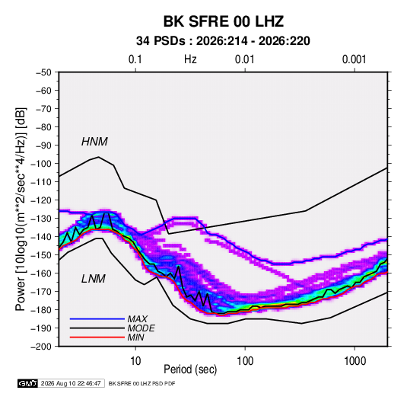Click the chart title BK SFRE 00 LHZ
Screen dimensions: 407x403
[223, 21]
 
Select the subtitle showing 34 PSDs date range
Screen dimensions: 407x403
[223, 41]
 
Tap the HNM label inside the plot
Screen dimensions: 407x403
[94, 142]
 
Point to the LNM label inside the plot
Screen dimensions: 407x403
[94, 279]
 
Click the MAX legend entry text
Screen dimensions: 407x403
[137, 318]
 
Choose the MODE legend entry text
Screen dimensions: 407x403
[141, 328]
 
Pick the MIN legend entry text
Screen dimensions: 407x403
[135, 337]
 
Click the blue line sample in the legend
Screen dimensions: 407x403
[97, 318]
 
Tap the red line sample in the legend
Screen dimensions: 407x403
[97, 337]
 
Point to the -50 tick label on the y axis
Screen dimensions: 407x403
[43, 72]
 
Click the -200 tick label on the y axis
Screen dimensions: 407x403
[41, 347]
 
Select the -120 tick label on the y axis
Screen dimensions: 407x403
[41, 200]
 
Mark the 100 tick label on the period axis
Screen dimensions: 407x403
[245, 361]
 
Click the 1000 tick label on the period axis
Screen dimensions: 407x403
[355, 361]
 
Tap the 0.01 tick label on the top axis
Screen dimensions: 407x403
[244, 59]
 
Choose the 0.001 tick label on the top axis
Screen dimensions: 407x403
[354, 59]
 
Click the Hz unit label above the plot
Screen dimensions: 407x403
[190, 59]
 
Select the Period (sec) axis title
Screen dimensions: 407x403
[190, 369]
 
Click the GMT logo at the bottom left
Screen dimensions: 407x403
[27, 383]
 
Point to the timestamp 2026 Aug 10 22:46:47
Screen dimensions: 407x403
[71, 383]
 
